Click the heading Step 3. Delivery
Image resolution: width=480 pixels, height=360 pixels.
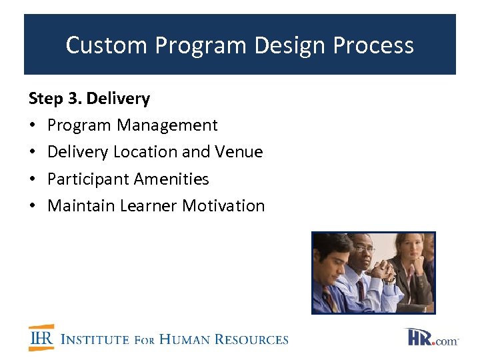[89, 99]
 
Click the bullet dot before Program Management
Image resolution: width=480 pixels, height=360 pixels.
[33, 126]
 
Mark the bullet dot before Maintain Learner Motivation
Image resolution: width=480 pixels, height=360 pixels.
[33, 206]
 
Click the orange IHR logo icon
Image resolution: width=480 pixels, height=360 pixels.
[41, 338]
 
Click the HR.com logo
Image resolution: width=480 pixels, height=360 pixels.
[431, 337]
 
